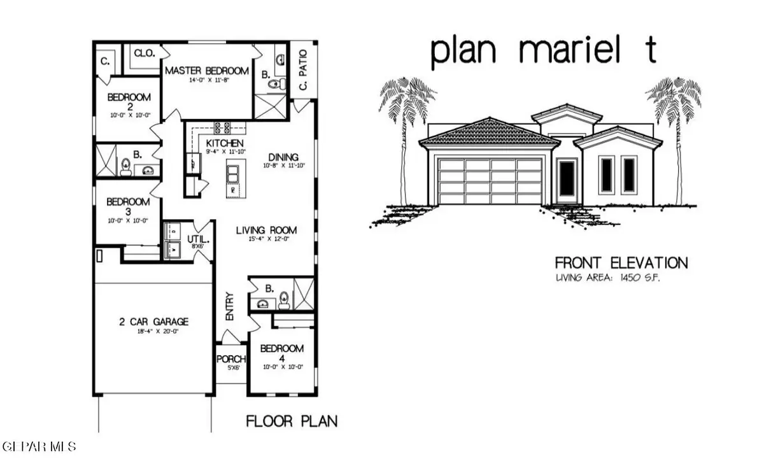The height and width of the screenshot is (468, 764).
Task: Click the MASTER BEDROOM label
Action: click(x=207, y=70)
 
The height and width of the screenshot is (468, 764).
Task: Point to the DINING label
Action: click(x=284, y=157)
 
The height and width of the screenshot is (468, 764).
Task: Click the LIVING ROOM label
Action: click(x=266, y=230)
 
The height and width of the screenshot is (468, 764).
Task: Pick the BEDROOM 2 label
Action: click(x=129, y=103)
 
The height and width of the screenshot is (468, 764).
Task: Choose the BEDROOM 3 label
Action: click(x=128, y=207)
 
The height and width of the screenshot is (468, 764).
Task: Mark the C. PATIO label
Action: click(x=303, y=70)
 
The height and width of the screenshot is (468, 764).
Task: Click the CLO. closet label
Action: click(x=145, y=54)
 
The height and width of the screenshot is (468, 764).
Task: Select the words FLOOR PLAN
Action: click(x=292, y=421)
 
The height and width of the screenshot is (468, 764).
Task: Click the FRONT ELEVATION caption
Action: click(x=621, y=262)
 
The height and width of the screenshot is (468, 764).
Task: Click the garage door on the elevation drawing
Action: click(x=490, y=181)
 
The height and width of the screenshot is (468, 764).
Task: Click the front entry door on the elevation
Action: click(x=566, y=180)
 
